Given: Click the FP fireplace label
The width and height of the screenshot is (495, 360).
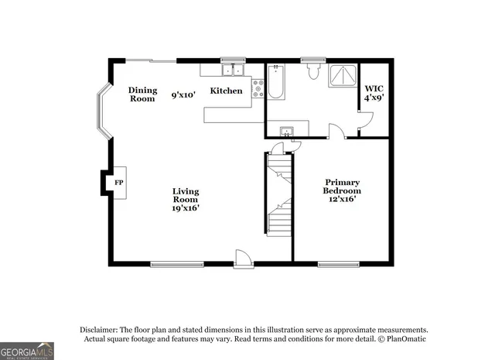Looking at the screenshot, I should (x=119, y=183).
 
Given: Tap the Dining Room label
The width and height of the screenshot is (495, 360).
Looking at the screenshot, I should (x=142, y=94).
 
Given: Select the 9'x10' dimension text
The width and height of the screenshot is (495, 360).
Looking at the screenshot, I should (x=183, y=95).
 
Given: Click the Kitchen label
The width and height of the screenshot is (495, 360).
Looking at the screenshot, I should (x=227, y=91).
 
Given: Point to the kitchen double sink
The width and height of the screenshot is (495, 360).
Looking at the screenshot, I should (x=231, y=70).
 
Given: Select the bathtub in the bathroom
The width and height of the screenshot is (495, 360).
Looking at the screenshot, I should (x=277, y=82).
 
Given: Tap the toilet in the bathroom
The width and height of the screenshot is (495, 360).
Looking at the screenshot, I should (x=313, y=72).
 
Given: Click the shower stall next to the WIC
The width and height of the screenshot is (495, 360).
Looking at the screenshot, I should (x=340, y=76).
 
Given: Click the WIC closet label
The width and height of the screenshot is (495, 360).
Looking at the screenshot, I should (x=374, y=89).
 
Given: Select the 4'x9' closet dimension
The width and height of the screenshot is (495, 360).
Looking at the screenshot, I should (x=374, y=98).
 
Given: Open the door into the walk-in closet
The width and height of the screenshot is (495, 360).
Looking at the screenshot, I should (x=365, y=122).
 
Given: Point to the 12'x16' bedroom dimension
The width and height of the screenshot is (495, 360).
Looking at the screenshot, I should (x=341, y=198).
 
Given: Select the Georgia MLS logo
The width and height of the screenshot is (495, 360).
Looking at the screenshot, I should (x=27, y=351).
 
